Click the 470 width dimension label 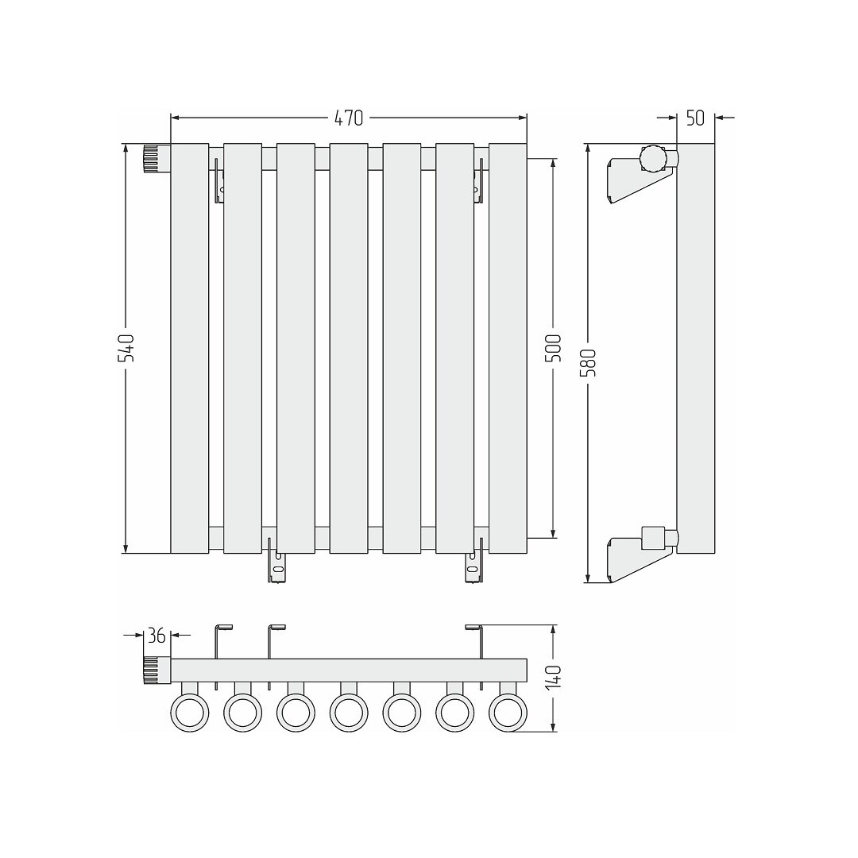[x=349, y=118]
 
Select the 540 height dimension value [x=126, y=348]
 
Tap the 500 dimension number [x=554, y=348]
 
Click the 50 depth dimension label [x=695, y=118]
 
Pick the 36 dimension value [x=157, y=636]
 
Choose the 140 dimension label [x=554, y=678]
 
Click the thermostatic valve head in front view [x=157, y=159]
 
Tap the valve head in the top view [x=157, y=671]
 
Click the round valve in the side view [x=653, y=159]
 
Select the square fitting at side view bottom [x=652, y=537]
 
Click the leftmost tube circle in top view [x=190, y=713]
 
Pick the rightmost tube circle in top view [x=508, y=713]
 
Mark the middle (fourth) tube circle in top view [x=349, y=713]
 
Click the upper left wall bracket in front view [x=219, y=180]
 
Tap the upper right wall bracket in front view [x=479, y=180]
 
